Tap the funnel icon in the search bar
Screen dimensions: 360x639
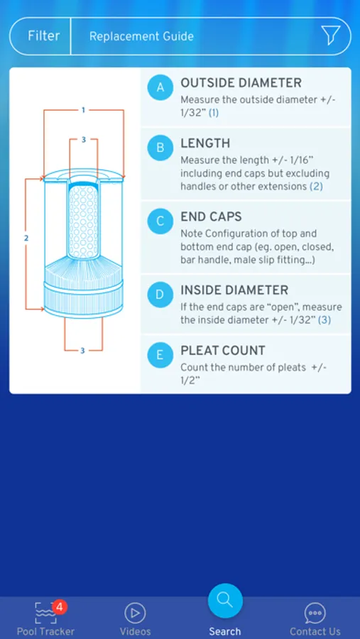(330, 35)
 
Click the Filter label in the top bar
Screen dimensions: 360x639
(43, 36)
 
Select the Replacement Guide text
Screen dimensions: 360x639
(141, 36)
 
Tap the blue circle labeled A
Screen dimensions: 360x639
(160, 87)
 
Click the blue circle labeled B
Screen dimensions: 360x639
(160, 148)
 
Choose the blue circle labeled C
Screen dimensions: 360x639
(160, 222)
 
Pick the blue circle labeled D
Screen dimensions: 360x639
(160, 294)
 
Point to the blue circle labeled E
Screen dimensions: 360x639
(160, 355)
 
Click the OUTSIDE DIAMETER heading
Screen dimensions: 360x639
(241, 83)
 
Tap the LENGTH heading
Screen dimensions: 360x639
(205, 143)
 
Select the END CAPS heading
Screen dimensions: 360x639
(211, 217)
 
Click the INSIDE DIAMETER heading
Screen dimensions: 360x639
(234, 290)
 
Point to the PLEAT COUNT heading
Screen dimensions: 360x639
(223, 351)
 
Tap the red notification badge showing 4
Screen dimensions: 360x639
(60, 607)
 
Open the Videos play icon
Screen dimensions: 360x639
(136, 613)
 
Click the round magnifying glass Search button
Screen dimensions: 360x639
(225, 601)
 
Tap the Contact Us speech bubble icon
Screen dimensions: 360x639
(315, 613)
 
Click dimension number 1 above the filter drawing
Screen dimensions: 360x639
(83, 109)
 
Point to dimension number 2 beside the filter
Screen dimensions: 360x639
(26, 238)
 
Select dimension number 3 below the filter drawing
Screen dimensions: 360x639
(83, 350)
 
